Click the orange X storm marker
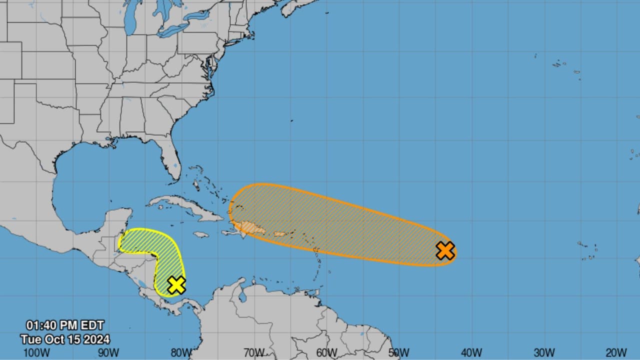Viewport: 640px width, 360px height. [x=445, y=250]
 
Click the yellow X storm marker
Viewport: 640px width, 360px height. [x=176, y=284]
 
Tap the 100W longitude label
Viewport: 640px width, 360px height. [x=36, y=353]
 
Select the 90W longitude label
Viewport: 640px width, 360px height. [x=108, y=353]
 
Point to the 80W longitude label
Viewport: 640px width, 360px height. [x=181, y=353]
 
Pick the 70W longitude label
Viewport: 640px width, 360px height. [x=253, y=353]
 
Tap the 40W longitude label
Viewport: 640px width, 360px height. [x=471, y=353]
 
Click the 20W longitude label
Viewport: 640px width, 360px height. [x=616, y=353]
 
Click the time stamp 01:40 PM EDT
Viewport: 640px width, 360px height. [x=65, y=326]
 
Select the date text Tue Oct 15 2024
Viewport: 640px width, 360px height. [x=65, y=339]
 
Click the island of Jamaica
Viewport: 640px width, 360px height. [x=200, y=234]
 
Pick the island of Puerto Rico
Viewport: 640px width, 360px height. [x=280, y=234]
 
